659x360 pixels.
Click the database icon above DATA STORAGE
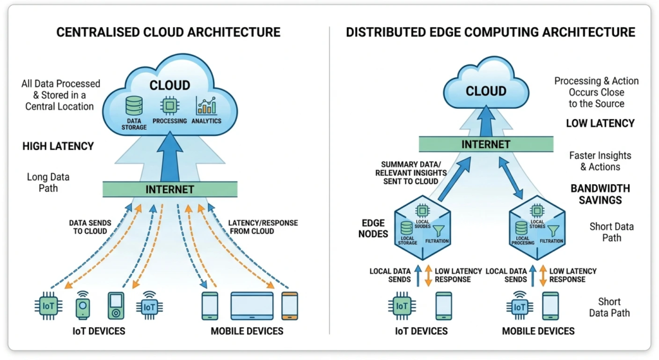coord(134,106)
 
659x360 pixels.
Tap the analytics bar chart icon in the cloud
coord(206,106)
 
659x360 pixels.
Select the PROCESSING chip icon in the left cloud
coord(170,106)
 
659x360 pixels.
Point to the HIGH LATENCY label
coord(58,146)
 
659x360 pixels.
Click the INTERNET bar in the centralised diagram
coord(169,189)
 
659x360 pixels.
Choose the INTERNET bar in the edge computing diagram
coord(486,144)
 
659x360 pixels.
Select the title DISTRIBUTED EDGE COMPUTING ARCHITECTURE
coord(490,32)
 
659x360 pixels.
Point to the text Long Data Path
coord(48,182)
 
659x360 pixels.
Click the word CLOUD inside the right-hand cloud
coord(486,91)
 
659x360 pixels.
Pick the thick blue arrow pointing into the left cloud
coord(169,158)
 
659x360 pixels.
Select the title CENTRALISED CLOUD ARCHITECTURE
coord(169,32)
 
